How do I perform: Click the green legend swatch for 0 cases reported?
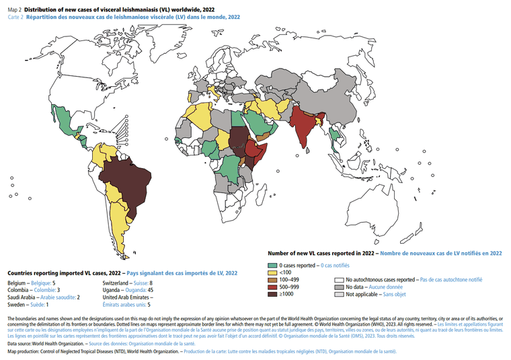tap(272, 266)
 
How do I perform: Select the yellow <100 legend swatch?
tap(272, 273)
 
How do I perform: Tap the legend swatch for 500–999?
tap(272, 287)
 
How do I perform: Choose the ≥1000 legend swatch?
tap(272, 294)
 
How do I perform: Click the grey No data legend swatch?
tap(340, 287)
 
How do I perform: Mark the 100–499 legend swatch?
tap(272, 280)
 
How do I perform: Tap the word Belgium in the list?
tap(17, 283)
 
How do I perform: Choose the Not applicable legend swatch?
tap(340, 295)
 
